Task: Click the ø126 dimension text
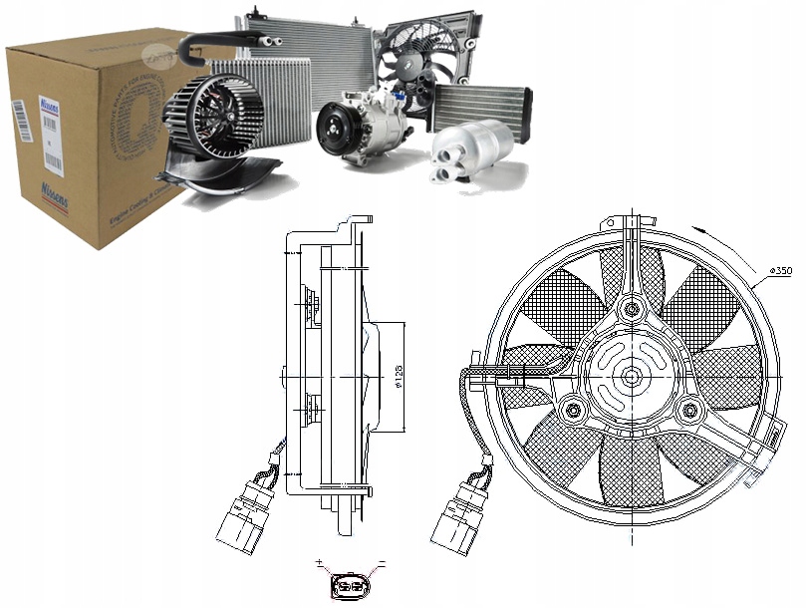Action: (397, 375)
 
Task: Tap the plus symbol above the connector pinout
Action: (320, 564)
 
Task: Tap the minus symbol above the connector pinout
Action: (381, 564)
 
